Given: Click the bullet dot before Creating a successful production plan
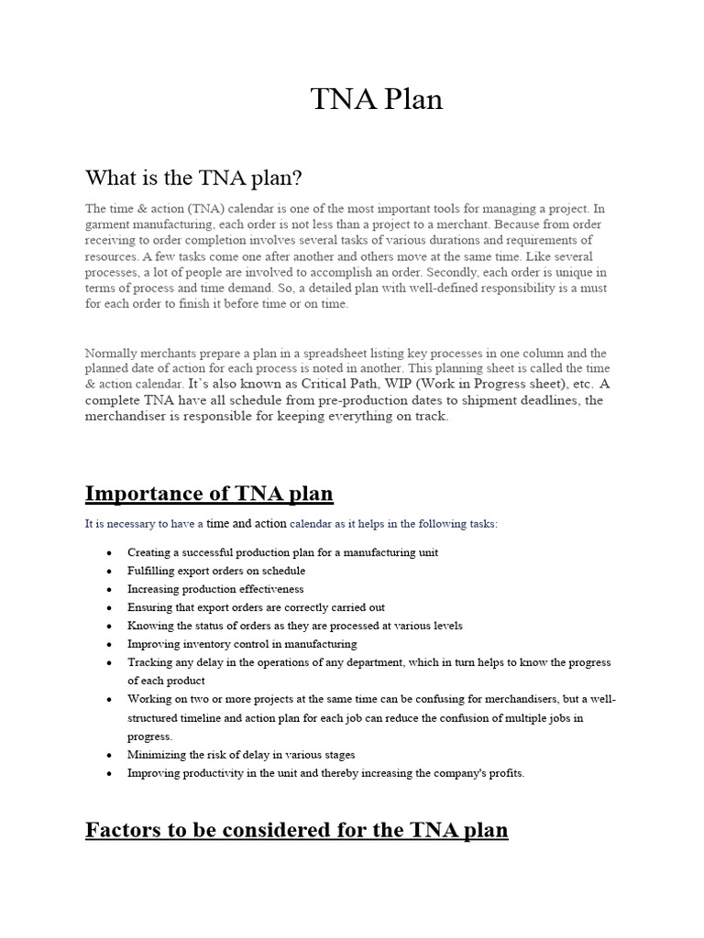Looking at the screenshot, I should pos(109,553).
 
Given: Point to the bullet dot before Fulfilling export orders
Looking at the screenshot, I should pos(109,572).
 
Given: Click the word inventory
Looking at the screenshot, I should pos(198,644).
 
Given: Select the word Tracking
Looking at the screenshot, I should pos(148,662).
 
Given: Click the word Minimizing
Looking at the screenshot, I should pos(157,755).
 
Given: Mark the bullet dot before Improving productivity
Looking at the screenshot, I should pos(109,773).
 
